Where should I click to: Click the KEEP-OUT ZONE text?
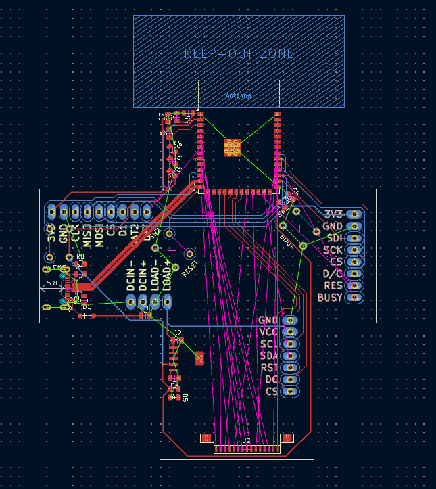click(239, 53)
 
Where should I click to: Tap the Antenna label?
click(238, 96)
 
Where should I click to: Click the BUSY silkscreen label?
click(329, 297)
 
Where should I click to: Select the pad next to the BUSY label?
click(355, 297)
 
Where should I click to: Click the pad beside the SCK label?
click(355, 250)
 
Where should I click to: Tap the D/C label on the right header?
click(332, 273)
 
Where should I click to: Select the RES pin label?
click(332, 285)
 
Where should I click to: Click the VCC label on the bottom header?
click(268, 331)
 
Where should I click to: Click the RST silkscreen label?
click(269, 368)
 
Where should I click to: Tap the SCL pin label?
click(269, 344)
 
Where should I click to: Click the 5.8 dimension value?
click(52, 283)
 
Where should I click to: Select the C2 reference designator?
click(177, 333)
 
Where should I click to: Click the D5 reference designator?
click(185, 398)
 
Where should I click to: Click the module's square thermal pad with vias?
click(232, 148)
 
